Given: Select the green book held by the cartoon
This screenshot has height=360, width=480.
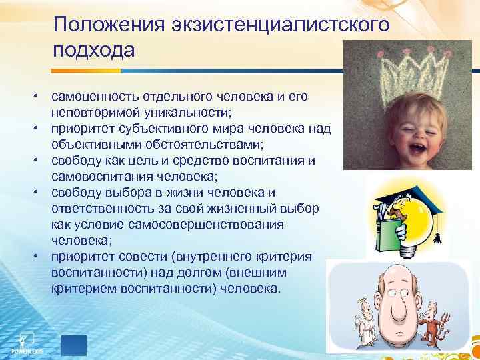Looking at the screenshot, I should (x=386, y=234).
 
